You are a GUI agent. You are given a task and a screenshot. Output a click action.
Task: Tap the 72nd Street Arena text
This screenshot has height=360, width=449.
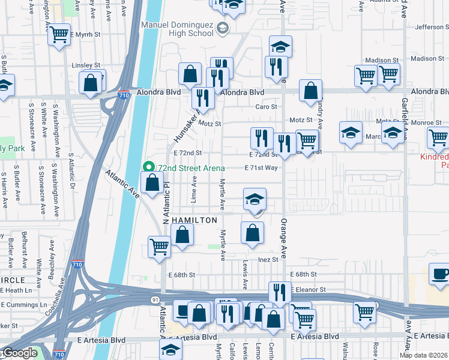(x=191, y=168)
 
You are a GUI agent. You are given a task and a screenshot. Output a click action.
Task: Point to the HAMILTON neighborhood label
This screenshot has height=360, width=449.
(x=194, y=220)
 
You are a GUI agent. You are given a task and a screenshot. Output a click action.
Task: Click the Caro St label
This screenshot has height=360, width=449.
(x=266, y=107)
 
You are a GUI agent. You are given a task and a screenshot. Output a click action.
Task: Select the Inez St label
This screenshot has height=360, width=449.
(x=268, y=260)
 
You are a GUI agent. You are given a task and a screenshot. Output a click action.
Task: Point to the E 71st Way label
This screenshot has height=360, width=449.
(x=261, y=168)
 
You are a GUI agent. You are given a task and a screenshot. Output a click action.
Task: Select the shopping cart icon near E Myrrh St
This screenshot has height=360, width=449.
(x=59, y=35)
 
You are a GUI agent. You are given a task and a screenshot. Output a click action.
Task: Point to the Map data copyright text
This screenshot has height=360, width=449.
(x=424, y=355)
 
